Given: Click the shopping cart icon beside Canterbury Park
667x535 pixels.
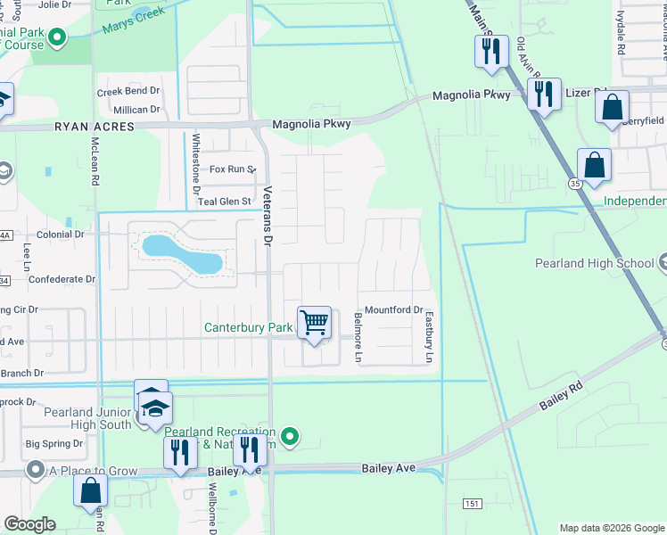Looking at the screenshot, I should (x=315, y=323).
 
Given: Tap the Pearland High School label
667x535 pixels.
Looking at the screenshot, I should (x=595, y=263).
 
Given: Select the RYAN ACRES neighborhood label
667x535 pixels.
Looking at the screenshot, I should (x=94, y=128).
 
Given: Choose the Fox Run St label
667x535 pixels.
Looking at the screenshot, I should (x=232, y=169).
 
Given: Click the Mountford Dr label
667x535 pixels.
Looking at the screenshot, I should (x=392, y=309).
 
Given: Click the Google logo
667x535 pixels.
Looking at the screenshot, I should (x=29, y=524).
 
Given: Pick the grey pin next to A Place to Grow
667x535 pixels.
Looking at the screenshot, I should (x=36, y=468).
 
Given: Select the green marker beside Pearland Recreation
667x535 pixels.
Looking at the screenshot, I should (x=288, y=436).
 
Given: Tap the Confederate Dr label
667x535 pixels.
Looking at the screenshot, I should (x=62, y=279).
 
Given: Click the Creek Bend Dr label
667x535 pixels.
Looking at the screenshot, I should (x=128, y=92).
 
